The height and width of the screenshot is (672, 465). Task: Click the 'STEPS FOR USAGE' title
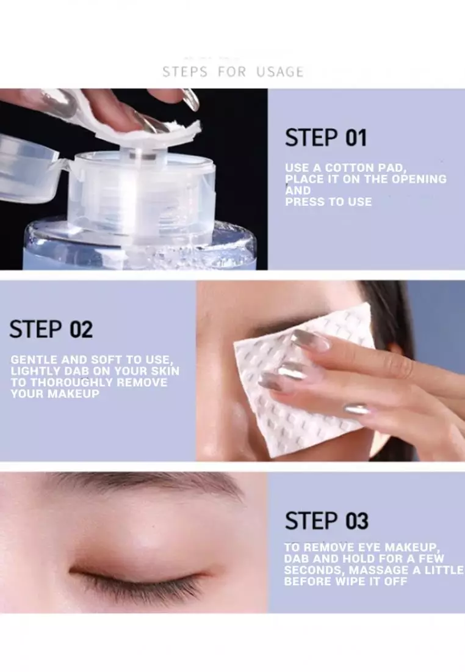(232, 72)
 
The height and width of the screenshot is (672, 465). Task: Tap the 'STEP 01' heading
(325, 138)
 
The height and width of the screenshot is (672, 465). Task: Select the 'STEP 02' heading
(51, 330)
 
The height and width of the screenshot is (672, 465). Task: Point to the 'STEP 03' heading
(326, 521)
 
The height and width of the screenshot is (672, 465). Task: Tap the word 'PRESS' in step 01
(305, 202)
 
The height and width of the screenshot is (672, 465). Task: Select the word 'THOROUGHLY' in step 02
(67, 382)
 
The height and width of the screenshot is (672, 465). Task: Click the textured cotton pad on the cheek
(287, 397)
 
